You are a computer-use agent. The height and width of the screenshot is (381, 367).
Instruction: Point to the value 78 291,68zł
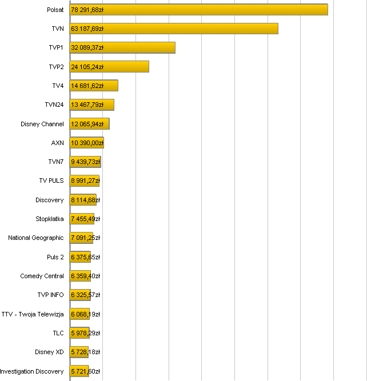87,10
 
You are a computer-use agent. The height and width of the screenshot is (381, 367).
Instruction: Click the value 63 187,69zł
87,29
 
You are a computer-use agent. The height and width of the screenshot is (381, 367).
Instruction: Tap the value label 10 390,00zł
87,143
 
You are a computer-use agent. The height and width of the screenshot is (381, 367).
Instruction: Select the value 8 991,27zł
85,181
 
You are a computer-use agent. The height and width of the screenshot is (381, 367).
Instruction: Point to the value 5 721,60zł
85,371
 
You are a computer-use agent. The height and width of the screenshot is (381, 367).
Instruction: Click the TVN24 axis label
54,105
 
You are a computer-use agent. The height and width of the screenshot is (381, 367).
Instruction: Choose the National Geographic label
36,238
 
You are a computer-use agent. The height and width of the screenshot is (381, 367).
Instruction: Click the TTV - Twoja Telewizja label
33,314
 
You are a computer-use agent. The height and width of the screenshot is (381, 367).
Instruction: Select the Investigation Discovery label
32,371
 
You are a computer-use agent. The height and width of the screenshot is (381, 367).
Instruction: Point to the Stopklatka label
50,219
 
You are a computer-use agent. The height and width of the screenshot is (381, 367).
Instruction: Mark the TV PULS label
51,181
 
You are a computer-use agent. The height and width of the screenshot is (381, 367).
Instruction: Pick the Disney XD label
49,352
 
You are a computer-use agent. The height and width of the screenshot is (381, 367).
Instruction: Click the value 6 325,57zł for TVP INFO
85,295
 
